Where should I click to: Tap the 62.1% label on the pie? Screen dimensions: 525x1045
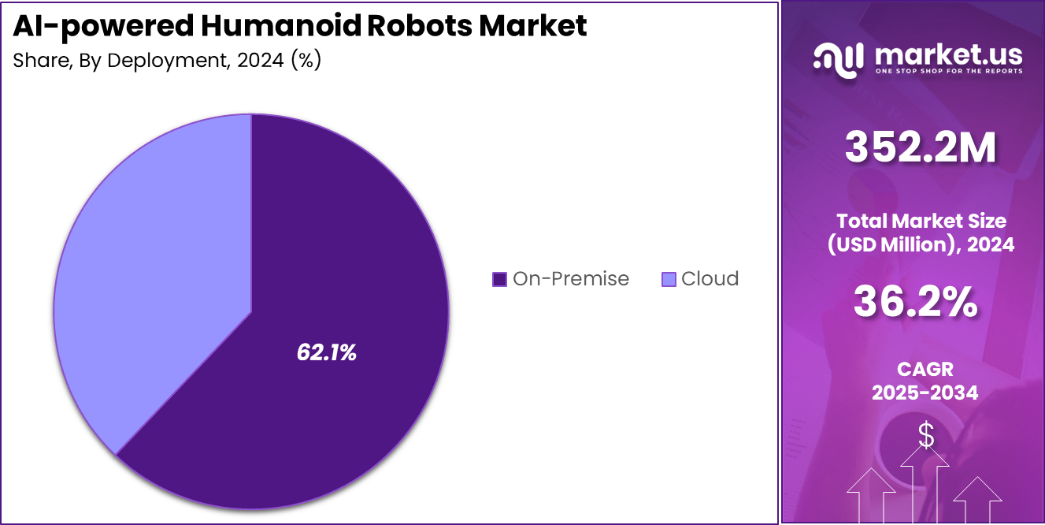326,353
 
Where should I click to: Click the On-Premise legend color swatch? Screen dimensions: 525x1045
499,279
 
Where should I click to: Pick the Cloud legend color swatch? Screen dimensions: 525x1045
669,279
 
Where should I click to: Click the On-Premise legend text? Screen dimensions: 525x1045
570,279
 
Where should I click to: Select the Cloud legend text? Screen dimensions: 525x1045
710,279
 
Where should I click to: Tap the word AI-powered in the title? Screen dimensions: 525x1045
103,25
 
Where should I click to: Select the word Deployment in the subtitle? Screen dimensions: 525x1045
165,61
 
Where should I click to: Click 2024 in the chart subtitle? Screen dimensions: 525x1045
257,61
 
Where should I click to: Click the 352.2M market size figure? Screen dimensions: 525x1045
920,148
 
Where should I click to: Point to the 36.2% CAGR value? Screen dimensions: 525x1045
916,302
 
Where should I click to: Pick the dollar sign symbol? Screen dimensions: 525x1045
926,435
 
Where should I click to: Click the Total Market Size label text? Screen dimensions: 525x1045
921,221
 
